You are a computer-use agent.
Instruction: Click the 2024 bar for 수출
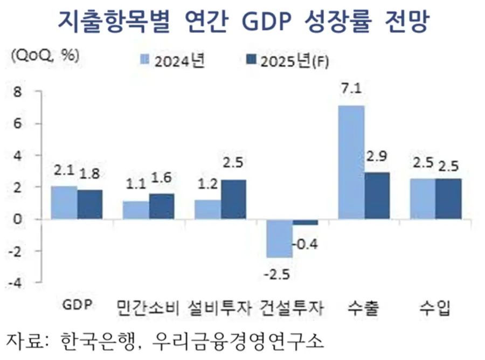pyautogui.click(x=351, y=162)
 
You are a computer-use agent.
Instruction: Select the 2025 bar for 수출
pyautogui.click(x=377, y=196)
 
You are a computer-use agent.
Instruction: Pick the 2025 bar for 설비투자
pyautogui.click(x=233, y=199)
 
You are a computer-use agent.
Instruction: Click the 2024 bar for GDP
pyautogui.click(x=64, y=203)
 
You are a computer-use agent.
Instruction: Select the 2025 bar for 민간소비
pyautogui.click(x=162, y=206)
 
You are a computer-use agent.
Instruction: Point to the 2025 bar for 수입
pyautogui.click(x=448, y=199)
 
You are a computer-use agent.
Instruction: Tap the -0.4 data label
pyautogui.click(x=306, y=244)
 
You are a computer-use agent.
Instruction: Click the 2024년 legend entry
pyautogui.click(x=172, y=61)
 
